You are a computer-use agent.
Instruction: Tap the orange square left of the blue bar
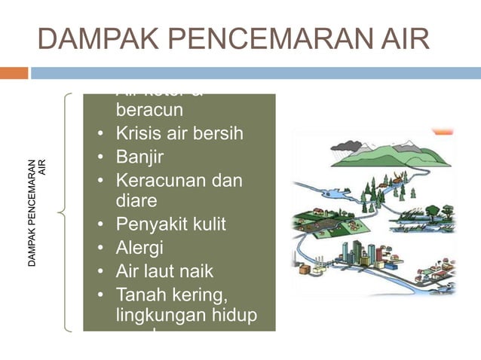(14, 73)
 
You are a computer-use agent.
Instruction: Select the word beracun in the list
(149, 110)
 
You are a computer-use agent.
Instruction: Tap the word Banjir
(139, 157)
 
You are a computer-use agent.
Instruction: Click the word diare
(136, 201)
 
